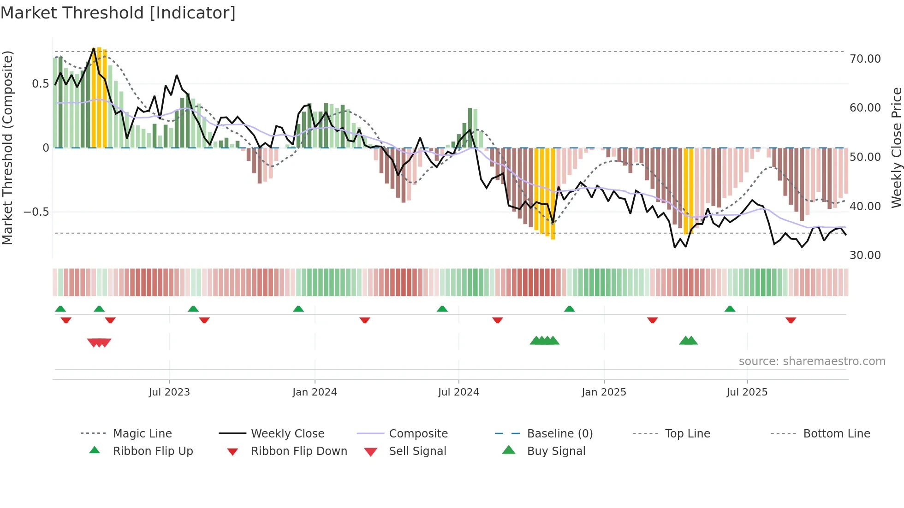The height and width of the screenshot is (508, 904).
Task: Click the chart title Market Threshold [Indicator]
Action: coord(118,13)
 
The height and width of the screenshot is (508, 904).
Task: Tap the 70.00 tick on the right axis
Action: coord(865,59)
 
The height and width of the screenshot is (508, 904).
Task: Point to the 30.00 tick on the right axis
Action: coord(865,255)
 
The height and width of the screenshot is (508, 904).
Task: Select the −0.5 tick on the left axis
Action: coord(36,212)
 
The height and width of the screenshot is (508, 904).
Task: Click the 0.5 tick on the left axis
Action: coord(40,84)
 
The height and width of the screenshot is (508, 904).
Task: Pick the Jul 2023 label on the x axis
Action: coord(169,392)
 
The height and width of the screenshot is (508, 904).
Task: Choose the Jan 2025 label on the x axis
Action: coord(604,392)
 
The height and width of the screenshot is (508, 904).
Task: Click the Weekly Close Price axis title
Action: coord(896,148)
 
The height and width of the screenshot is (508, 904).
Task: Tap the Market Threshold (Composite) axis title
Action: coord(7,148)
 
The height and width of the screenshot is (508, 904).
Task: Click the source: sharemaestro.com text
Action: coord(812,361)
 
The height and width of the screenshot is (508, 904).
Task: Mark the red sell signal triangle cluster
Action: coord(99,343)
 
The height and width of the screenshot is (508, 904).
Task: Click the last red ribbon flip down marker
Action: coord(791,320)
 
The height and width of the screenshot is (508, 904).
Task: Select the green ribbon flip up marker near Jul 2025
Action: coord(730,309)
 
